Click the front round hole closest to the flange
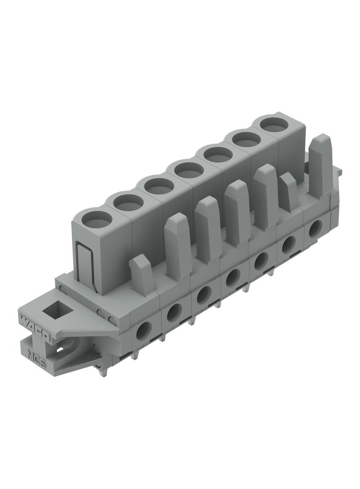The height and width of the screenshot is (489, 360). click(144, 329)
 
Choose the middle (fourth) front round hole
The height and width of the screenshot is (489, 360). click(232, 277)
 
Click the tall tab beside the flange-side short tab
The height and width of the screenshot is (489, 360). click(177, 244)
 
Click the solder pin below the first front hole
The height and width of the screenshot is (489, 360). click(135, 354)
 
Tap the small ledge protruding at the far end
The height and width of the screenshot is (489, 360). click(339, 170)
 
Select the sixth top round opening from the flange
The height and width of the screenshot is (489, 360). click(246, 139)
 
